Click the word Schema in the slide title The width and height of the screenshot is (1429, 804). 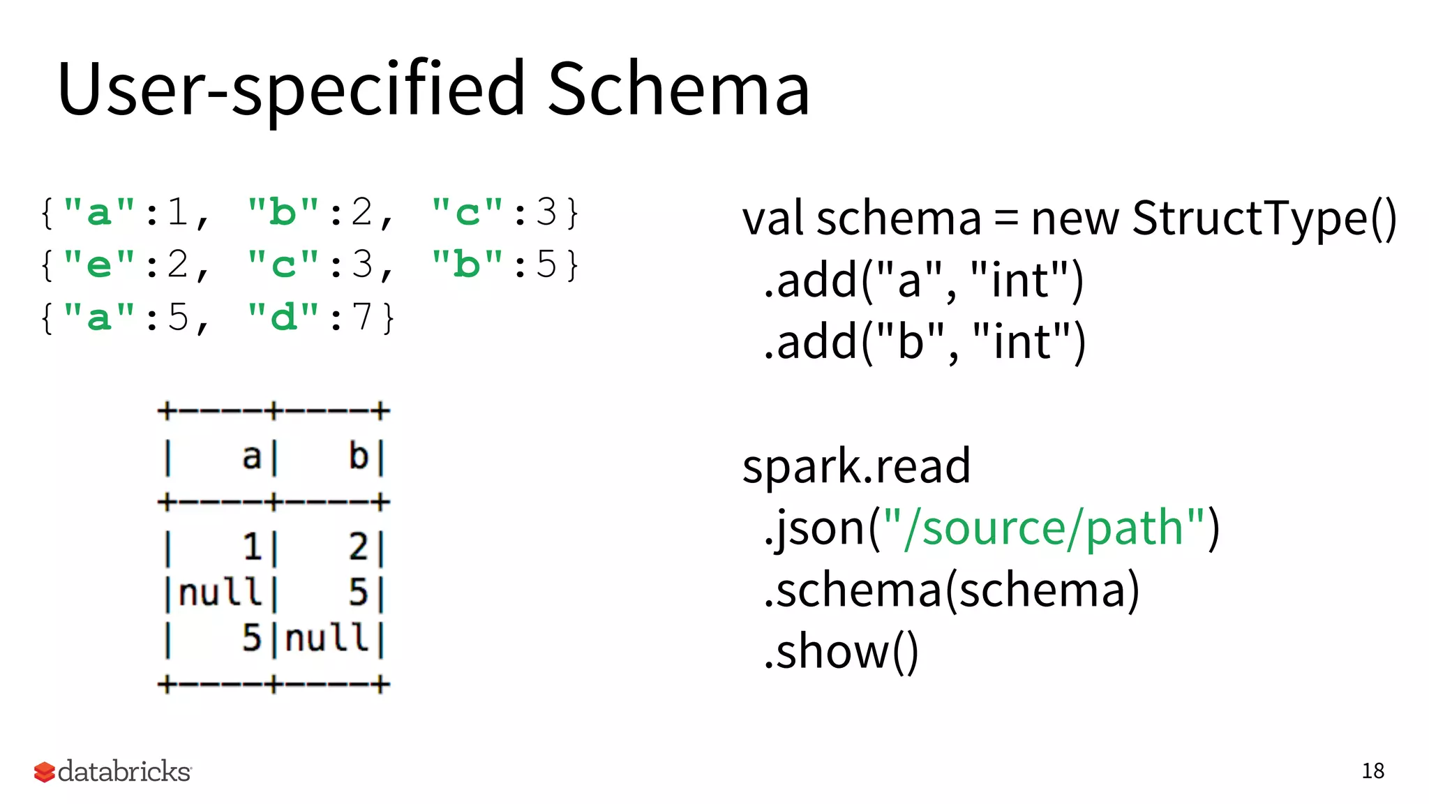click(678, 89)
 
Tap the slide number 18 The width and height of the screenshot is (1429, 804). click(1372, 770)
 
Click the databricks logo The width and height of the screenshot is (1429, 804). click(113, 771)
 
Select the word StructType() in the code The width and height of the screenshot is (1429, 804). click(1264, 219)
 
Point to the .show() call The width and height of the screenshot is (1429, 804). click(841, 652)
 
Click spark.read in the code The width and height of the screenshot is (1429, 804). click(856, 466)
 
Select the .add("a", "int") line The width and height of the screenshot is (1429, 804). click(923, 281)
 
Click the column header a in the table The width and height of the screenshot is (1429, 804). click(251, 457)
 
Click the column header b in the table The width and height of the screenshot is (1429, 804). click(359, 457)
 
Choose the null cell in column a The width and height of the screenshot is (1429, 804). click(220, 593)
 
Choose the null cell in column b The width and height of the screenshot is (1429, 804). click(327, 638)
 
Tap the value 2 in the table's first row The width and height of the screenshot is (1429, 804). click(359, 546)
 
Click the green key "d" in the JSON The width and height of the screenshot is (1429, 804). click(284, 318)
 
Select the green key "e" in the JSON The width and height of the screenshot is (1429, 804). click(99, 265)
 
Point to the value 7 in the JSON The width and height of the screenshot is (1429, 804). click(361, 318)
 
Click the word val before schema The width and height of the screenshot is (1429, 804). click(772, 219)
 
